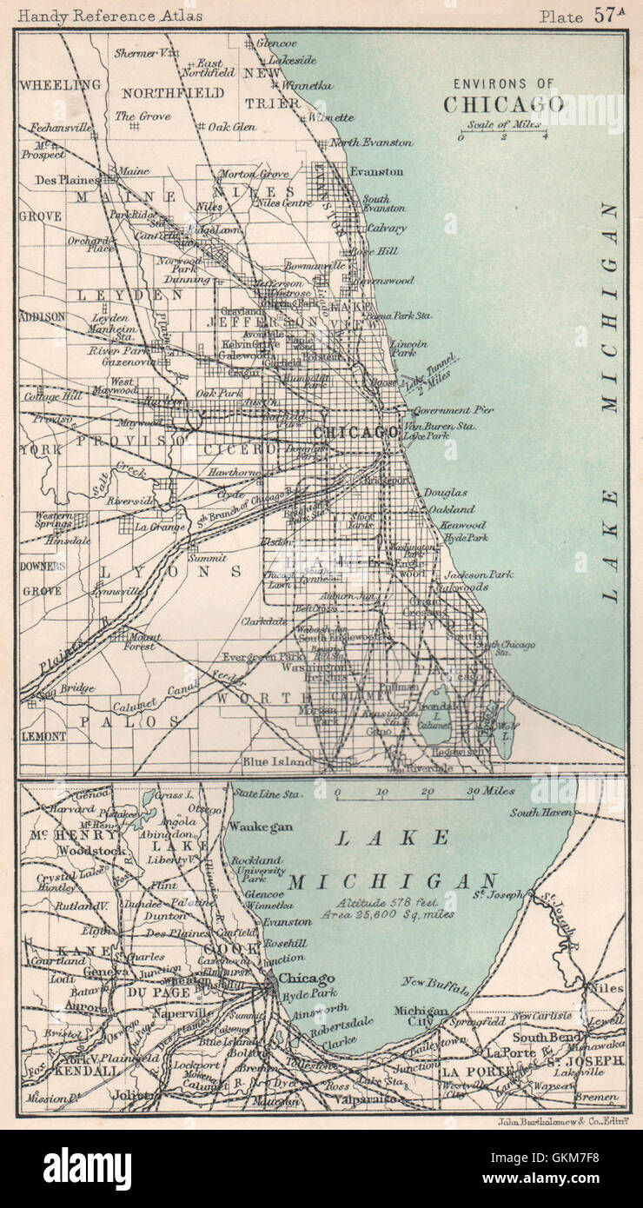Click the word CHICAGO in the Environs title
point(503,103)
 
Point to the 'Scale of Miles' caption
point(502,123)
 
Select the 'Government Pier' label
point(454,409)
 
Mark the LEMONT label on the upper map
point(43,735)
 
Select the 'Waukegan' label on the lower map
point(262,826)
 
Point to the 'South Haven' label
point(537,813)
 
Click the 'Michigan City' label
point(421,1018)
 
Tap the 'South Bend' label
point(540,1037)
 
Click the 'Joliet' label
point(139,1095)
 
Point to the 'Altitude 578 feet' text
point(382,902)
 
